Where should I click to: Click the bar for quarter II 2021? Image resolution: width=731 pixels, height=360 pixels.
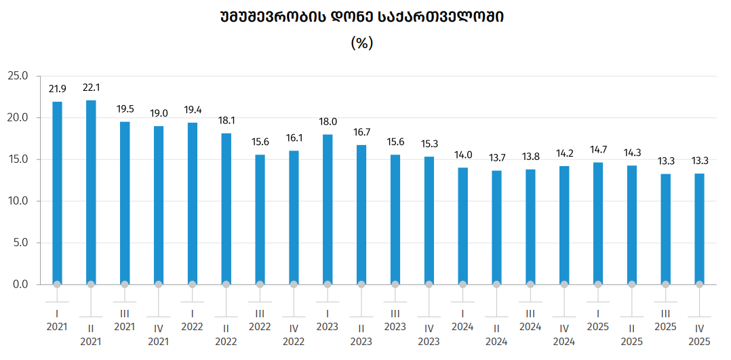tap(91, 192)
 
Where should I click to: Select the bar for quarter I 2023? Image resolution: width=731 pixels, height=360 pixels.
tap(328, 209)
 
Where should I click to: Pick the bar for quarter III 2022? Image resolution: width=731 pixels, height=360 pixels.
tap(260, 220)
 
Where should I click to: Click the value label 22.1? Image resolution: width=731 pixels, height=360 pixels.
tap(91, 87)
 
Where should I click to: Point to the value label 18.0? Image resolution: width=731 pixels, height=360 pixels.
tap(328, 122)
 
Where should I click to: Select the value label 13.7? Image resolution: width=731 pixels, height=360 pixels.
tap(496, 157)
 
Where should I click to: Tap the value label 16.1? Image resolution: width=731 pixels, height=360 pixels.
tap(294, 138)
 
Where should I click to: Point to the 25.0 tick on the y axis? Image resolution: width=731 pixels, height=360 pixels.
tap(19, 76)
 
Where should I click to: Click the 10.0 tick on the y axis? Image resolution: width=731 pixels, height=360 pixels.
tap(19, 201)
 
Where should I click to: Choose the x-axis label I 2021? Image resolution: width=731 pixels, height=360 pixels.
tap(57, 319)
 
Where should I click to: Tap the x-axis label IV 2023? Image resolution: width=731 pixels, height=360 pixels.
tap(429, 334)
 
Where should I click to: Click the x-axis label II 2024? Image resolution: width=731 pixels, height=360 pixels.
tap(496, 334)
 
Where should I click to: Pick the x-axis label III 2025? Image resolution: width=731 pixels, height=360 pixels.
tap(666, 319)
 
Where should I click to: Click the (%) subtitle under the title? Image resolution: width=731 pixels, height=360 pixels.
tap(362, 43)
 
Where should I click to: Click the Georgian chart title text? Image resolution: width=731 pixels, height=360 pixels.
tap(361, 17)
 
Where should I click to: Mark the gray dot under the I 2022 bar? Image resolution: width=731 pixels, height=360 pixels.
tap(193, 285)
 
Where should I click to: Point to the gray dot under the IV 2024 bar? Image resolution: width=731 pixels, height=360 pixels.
tap(564, 285)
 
